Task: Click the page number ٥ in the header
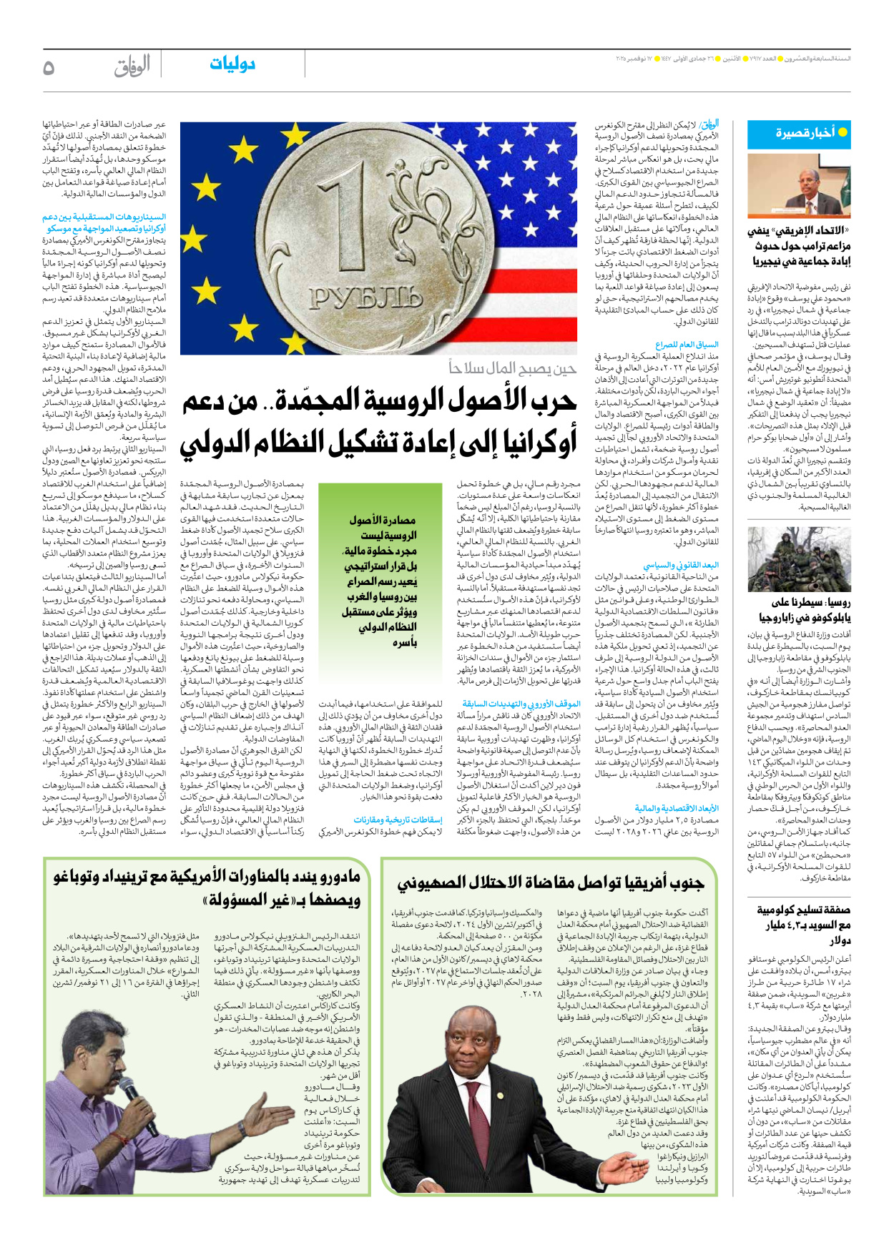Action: pos(49,67)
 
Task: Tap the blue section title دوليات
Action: pos(232,64)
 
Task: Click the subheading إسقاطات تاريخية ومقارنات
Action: pos(398,820)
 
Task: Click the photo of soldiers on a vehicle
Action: pos(799,559)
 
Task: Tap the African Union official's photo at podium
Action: pos(799,185)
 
